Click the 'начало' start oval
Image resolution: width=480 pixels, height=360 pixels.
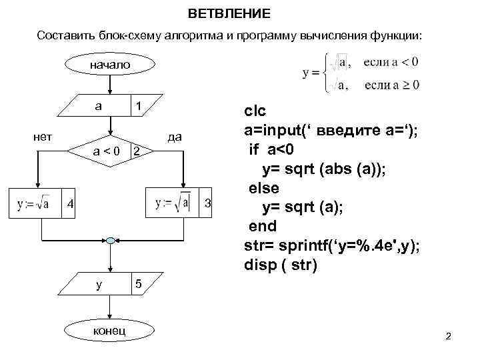(110, 65)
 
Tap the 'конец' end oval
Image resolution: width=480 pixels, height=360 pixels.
(110, 331)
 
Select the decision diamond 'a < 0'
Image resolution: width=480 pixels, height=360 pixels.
(110, 152)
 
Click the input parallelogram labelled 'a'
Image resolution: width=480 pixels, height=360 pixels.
(110, 107)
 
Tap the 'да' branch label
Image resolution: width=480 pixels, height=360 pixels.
(175, 137)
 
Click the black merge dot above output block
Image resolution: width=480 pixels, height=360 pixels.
(110, 239)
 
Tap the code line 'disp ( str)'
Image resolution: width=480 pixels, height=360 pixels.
(281, 265)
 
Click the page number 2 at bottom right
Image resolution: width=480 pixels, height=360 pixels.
(448, 336)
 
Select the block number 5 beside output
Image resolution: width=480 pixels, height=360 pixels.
(139, 285)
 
